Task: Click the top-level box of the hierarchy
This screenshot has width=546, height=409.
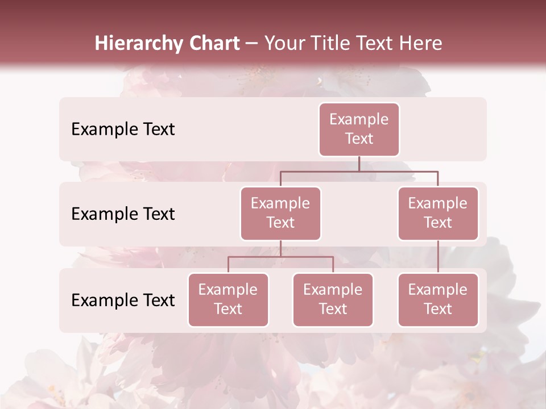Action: point(359,129)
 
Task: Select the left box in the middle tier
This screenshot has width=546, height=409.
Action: point(280,213)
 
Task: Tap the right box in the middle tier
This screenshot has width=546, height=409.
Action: point(438,213)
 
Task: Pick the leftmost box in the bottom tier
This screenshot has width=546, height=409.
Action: point(228,299)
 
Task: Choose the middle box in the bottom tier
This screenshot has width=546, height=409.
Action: point(333,299)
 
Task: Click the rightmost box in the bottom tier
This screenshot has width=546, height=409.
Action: point(438,299)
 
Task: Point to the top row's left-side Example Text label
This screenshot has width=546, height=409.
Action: point(123,129)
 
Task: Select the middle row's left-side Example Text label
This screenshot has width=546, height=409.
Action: point(123,214)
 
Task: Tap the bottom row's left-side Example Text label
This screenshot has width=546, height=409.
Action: point(123,300)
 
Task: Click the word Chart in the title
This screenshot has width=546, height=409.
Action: point(215,43)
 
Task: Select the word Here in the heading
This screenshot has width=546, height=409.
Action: point(421,43)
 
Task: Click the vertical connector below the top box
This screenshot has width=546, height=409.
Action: point(359,164)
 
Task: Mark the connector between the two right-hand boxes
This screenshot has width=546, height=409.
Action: point(438,257)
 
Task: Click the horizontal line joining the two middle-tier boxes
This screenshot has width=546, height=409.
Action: point(359,171)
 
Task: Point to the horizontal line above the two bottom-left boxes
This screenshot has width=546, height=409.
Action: point(280,257)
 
